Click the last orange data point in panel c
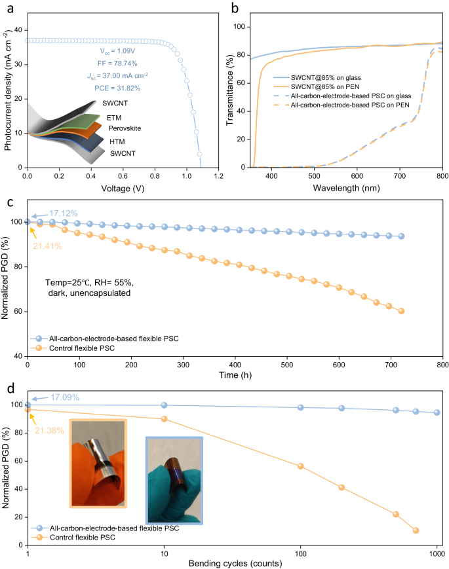(401, 311)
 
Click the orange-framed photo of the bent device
(98, 464)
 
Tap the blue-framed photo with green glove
(174, 474)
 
